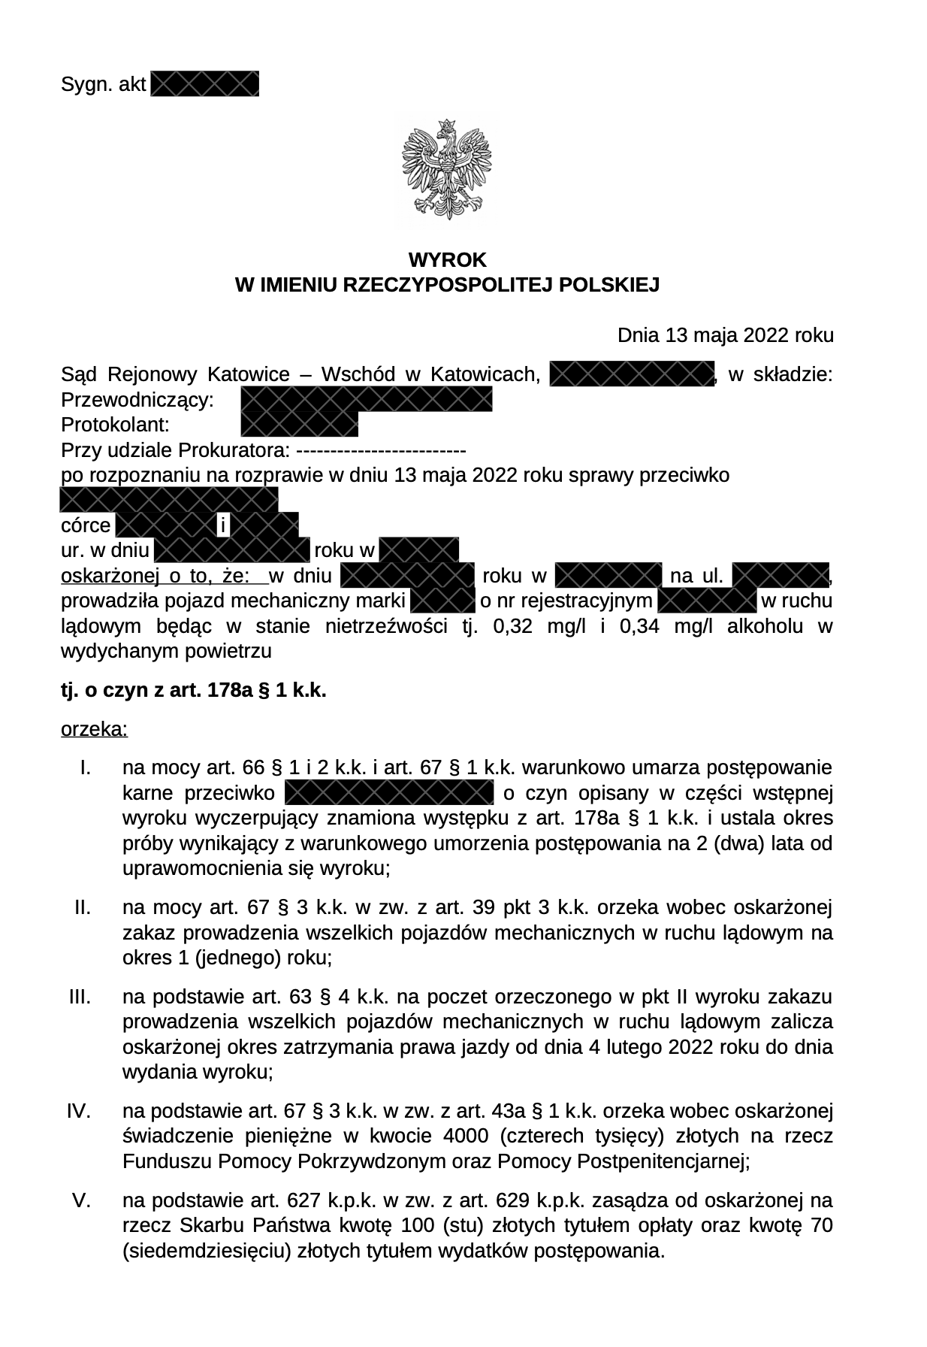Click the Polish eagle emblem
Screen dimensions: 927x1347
447,170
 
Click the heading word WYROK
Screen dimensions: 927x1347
447,260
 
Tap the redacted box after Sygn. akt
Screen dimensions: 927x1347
204,83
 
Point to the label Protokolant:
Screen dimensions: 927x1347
114,425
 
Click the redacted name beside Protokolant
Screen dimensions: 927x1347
299,425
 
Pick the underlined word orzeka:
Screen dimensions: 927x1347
94,729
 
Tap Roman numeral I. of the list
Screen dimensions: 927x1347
85,768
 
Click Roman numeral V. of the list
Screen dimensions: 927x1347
82,1200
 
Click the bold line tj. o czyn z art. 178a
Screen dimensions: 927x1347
194,691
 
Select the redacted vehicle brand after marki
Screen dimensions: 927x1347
442,601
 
